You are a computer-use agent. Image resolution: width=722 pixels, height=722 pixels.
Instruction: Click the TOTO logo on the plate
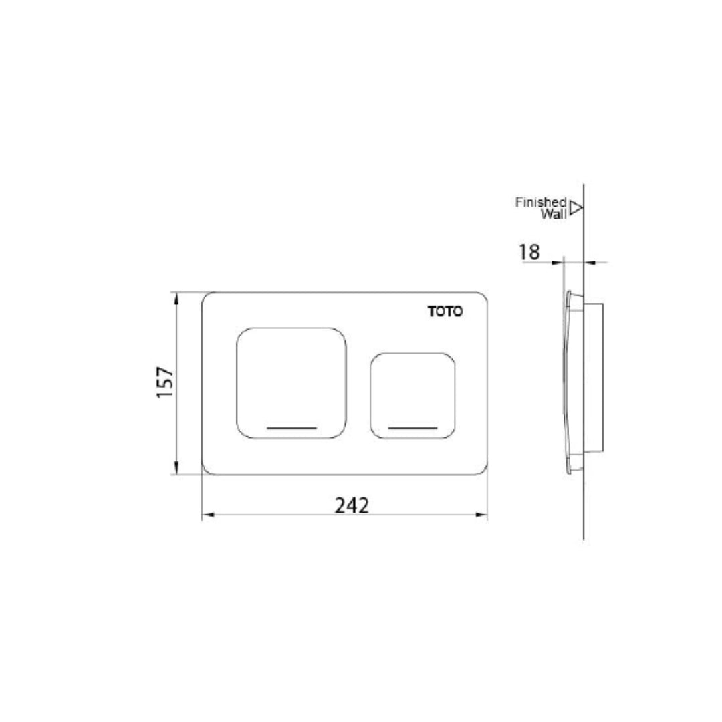click(x=445, y=311)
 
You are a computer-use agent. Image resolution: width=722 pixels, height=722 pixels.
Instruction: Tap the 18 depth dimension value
click(x=529, y=252)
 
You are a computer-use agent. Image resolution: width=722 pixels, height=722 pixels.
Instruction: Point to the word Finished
click(x=541, y=202)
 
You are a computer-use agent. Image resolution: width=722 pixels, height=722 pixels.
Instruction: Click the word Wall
click(x=554, y=214)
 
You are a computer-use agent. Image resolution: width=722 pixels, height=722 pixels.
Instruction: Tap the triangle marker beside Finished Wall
click(x=576, y=208)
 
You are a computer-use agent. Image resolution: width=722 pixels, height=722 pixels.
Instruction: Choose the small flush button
click(x=412, y=395)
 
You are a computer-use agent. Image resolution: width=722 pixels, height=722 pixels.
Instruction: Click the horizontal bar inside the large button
click(x=291, y=427)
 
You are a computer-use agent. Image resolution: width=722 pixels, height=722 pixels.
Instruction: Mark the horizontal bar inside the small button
click(x=412, y=427)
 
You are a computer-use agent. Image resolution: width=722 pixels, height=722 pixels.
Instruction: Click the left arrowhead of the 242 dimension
click(x=207, y=515)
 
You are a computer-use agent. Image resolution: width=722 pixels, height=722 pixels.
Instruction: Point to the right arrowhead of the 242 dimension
click(x=483, y=515)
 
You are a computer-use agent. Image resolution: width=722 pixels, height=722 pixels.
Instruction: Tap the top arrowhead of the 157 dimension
click(x=177, y=297)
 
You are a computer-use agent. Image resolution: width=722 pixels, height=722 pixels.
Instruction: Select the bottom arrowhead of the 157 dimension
click(x=177, y=470)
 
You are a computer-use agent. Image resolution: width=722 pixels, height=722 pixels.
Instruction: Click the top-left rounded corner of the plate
click(x=207, y=297)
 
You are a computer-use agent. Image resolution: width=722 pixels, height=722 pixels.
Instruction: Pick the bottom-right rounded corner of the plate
click(x=482, y=470)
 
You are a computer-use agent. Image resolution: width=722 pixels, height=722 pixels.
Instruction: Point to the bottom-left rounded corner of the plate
click(x=207, y=470)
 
